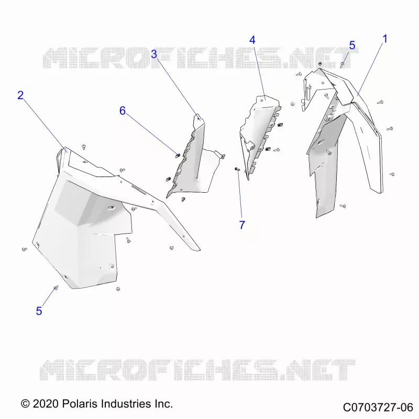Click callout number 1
click(385, 39)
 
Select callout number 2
click(20, 95)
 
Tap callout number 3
click(154, 54)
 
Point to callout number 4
click(252, 40)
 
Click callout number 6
click(123, 111)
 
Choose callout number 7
click(242, 225)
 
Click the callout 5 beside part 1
click(352, 46)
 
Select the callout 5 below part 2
click(39, 311)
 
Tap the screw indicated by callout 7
click(237, 169)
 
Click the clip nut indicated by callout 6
click(178, 155)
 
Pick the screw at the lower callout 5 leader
click(56, 288)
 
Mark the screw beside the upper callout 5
click(342, 64)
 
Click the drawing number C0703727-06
click(378, 407)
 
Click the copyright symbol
click(25, 404)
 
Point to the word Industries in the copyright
click(127, 403)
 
